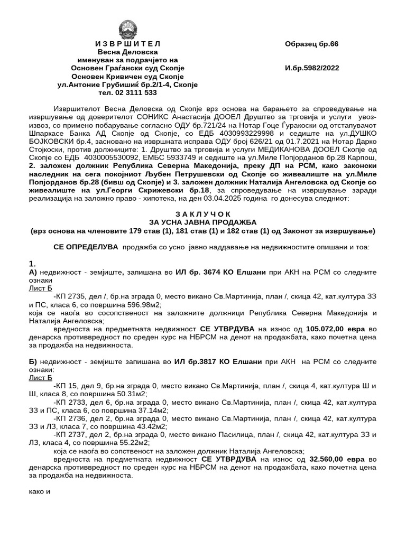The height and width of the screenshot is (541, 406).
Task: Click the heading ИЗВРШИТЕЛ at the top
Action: [x=127, y=43]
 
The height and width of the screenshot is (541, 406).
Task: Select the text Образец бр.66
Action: [x=311, y=43]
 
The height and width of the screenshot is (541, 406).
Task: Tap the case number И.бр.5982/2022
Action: [x=312, y=68]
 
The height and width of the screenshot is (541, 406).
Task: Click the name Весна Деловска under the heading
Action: [x=127, y=52]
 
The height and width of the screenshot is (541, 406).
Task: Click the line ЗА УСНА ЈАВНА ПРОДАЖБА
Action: [x=202, y=223]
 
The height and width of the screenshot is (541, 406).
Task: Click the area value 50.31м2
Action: [x=130, y=394]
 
